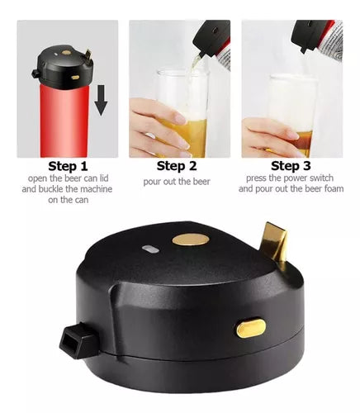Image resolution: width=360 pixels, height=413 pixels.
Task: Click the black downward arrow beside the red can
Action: (x=101, y=100)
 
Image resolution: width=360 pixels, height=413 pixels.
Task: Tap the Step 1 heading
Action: (x=68, y=166)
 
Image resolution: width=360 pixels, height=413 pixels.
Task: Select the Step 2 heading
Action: (x=177, y=166)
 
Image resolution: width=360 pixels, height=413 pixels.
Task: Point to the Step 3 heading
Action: (x=291, y=166)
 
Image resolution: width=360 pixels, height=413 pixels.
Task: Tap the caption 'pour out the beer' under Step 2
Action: (x=177, y=182)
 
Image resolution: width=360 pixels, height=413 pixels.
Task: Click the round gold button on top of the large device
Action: (x=191, y=240)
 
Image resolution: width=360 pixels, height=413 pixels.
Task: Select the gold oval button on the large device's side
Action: (x=251, y=328)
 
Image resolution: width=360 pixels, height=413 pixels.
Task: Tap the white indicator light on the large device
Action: (x=150, y=249)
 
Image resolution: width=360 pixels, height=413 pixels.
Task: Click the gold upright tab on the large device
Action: (x=275, y=242)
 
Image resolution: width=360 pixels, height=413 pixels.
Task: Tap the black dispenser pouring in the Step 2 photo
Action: (x=212, y=39)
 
